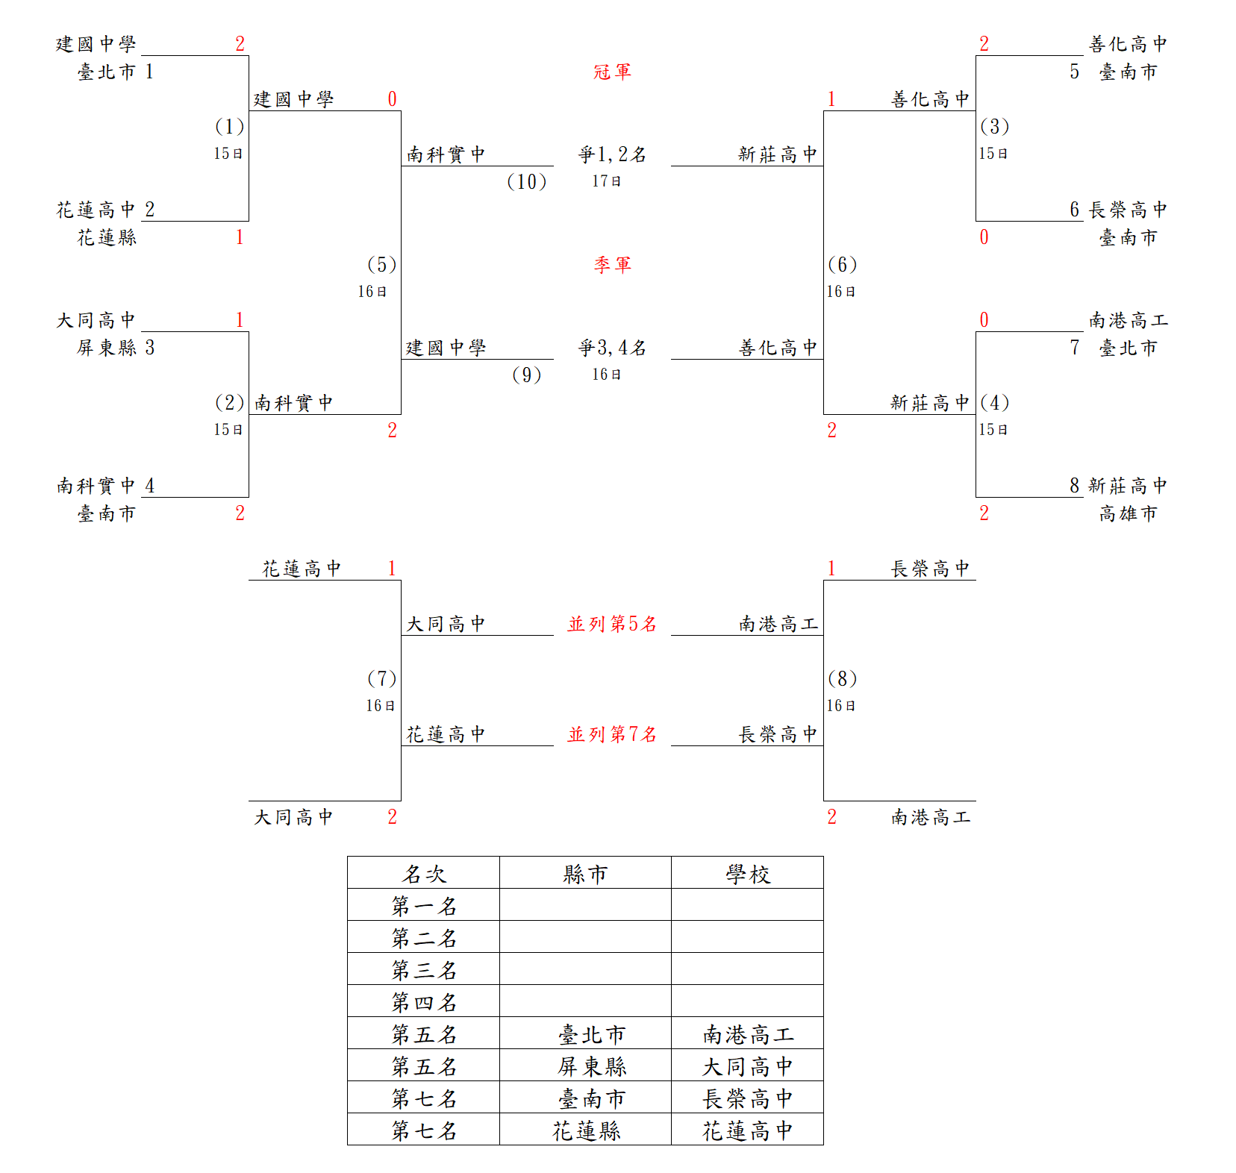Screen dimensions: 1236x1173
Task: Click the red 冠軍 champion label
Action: pyautogui.click(x=612, y=72)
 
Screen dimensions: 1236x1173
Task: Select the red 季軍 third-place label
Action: pyautogui.click(x=612, y=265)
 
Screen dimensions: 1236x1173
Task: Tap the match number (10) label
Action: pyautogui.click(x=526, y=181)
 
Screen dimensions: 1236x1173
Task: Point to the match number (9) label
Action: pyautogui.click(x=526, y=375)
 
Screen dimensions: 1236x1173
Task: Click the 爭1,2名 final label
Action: pyautogui.click(x=612, y=154)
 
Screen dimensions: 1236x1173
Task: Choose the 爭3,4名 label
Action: pyautogui.click(x=612, y=348)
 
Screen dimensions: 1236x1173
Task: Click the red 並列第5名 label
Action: pyautogui.click(x=612, y=624)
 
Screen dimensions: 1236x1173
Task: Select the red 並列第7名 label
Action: pyautogui.click(x=612, y=734)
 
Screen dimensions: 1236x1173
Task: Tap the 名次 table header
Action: pyautogui.click(x=424, y=874)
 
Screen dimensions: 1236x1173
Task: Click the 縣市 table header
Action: pyautogui.click(x=585, y=874)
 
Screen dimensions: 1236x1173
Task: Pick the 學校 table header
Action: pyautogui.click(x=748, y=874)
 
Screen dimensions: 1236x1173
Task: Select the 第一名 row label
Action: pyautogui.click(x=424, y=906)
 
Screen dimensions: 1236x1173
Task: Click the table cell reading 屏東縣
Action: pyautogui.click(x=592, y=1066)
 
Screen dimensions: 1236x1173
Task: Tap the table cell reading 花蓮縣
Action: pyautogui.click(x=587, y=1130)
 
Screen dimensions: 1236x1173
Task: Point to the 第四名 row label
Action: pyautogui.click(x=424, y=1002)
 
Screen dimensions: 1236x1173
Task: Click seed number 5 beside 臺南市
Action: pyautogui.click(x=1074, y=72)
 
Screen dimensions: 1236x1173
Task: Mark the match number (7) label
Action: pyautogui.click(x=381, y=678)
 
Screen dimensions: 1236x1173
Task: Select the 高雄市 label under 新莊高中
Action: pyautogui.click(x=1128, y=513)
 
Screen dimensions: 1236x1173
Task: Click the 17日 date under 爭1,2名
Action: pyautogui.click(x=607, y=181)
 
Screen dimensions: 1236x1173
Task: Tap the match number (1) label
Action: pyautogui.click(x=229, y=126)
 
